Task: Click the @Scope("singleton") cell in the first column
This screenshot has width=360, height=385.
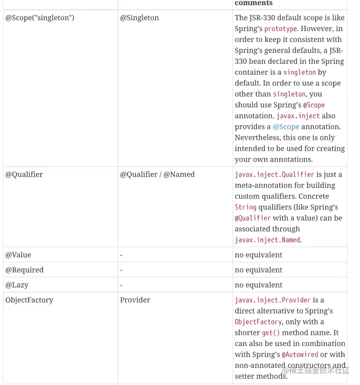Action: pyautogui.click(x=40, y=18)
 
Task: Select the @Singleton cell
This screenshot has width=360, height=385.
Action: pyautogui.click(x=139, y=18)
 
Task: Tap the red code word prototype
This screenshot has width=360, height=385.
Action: pyautogui.click(x=281, y=29)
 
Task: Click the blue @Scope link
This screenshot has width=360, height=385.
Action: pyautogui.click(x=286, y=126)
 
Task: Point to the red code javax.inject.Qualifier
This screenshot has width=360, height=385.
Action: pyautogui.click(x=275, y=175)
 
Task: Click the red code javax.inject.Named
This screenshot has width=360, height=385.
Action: pyautogui.click(x=267, y=240)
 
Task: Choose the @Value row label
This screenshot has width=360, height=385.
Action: pyautogui.click(x=18, y=255)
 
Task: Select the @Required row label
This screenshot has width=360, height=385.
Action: pyautogui.click(x=24, y=270)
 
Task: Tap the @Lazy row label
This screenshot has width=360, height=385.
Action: pyautogui.click(x=17, y=285)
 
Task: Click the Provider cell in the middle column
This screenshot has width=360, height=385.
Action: pyautogui.click(x=135, y=300)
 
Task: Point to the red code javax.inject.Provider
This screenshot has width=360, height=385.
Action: pyautogui.click(x=272, y=300)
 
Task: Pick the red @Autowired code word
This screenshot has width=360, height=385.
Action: pyautogui.click(x=300, y=354)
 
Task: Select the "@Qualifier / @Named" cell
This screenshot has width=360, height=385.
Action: pyautogui.click(x=157, y=175)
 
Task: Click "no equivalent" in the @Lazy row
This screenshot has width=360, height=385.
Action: pyautogui.click(x=258, y=285)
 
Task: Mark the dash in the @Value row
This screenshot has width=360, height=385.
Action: pyautogui.click(x=121, y=255)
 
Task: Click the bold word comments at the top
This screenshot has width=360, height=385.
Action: pyautogui.click(x=253, y=3)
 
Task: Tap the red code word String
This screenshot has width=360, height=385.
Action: pyautogui.click(x=246, y=207)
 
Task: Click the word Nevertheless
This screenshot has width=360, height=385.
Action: pyautogui.click(x=258, y=137)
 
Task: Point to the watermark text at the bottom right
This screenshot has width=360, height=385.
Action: pyautogui.click(x=316, y=370)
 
